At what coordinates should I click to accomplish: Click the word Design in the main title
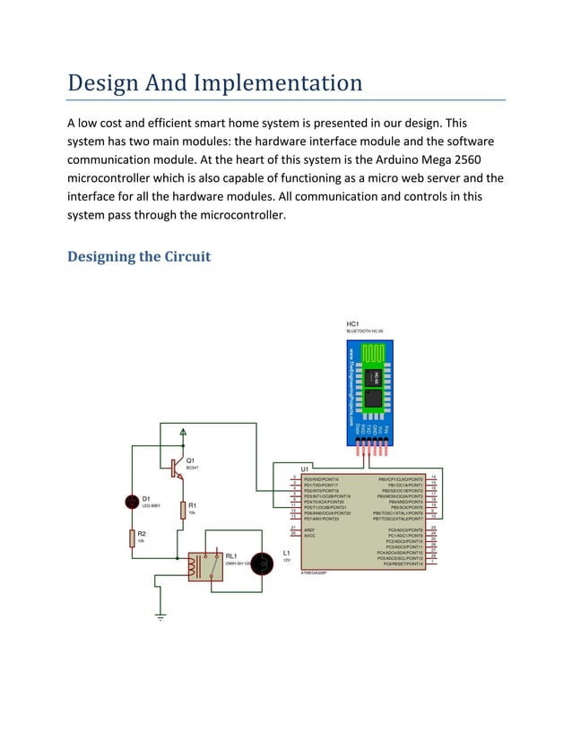[x=106, y=83]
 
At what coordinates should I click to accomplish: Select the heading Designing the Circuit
[x=139, y=257]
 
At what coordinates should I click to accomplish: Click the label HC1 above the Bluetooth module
[x=352, y=323]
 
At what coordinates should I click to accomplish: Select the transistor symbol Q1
[x=176, y=467]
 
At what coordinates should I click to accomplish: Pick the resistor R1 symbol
[x=183, y=510]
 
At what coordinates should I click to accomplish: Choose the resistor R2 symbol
[x=131, y=538]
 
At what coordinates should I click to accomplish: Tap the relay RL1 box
[x=204, y=566]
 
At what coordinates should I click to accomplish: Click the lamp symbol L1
[x=262, y=564]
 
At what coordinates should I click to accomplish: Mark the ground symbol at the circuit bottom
[x=160, y=616]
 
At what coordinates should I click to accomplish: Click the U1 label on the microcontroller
[x=305, y=469]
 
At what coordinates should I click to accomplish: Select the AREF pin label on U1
[x=309, y=529]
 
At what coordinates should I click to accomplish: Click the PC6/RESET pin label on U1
[x=403, y=564]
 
